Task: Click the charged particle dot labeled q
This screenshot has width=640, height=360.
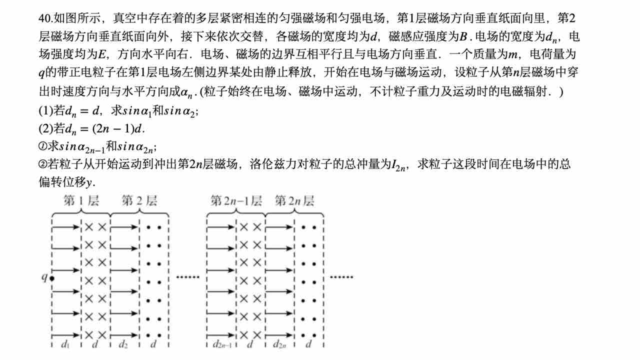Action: click(52, 276)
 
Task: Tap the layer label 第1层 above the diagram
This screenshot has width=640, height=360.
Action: click(81, 201)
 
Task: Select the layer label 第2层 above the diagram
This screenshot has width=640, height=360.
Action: click(139, 201)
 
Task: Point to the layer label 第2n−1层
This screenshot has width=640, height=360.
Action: click(236, 201)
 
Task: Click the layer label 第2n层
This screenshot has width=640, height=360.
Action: click(294, 201)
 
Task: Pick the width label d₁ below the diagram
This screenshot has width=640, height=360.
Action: click(65, 344)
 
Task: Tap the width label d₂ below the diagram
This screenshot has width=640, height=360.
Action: click(123, 344)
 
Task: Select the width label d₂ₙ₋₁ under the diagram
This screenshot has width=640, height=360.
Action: click(221, 344)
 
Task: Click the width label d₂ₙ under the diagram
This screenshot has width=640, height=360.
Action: click(280, 344)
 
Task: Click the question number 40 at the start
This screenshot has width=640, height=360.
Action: click(44, 18)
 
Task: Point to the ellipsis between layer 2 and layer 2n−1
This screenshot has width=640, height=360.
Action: click(187, 276)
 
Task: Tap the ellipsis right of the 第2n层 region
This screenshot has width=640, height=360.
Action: click(341, 276)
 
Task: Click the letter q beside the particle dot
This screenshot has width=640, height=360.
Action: click(44, 276)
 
